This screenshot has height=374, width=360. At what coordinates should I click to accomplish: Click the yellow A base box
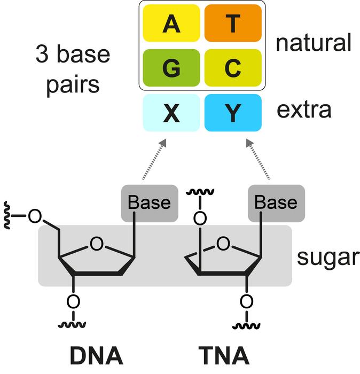point(171,24)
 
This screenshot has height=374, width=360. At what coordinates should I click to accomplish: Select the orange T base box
point(232,24)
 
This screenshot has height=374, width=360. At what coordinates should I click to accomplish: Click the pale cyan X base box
point(171,113)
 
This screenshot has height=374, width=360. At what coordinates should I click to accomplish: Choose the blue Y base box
point(232,113)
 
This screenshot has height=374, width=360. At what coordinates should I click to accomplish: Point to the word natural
point(313,42)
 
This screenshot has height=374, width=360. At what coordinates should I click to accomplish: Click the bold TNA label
point(224,355)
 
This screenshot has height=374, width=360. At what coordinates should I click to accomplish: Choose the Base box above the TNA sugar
point(276,203)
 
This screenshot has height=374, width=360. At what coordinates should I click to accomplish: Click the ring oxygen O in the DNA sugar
point(96,244)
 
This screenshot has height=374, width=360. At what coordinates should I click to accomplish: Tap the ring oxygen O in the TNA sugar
point(224,244)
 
